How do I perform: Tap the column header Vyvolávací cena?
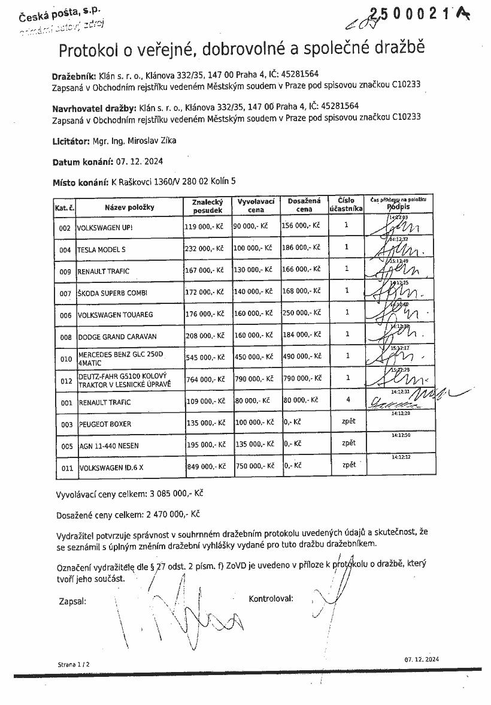256,206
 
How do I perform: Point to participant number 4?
347,399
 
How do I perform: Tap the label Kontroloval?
271,598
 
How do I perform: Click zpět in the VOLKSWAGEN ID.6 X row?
348,465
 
